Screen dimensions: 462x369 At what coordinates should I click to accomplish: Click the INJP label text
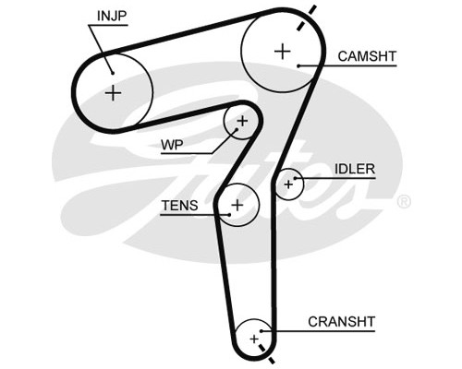click(x=112, y=16)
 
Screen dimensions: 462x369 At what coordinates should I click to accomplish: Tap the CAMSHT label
click(x=367, y=56)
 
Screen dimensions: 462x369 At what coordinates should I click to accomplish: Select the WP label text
click(x=172, y=145)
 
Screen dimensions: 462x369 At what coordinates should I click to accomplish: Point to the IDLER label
click(x=355, y=169)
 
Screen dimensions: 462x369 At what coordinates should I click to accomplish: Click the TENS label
click(x=180, y=206)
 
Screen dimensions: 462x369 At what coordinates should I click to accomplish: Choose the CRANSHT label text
click(x=341, y=322)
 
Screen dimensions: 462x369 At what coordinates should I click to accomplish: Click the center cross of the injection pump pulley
click(x=114, y=92)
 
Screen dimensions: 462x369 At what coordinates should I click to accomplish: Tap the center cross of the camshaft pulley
click(x=282, y=52)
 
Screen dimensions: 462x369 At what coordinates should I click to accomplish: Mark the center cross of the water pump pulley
click(x=242, y=121)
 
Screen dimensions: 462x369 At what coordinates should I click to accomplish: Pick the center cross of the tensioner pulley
click(x=237, y=205)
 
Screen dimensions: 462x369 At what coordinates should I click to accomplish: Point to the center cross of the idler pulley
click(x=288, y=184)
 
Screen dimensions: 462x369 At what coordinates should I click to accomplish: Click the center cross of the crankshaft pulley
click(x=254, y=339)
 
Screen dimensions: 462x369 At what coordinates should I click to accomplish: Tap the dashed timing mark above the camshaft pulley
click(x=307, y=18)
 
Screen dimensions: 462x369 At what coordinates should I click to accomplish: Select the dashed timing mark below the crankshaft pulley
click(x=267, y=354)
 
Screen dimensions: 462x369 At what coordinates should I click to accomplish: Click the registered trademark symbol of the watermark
click(x=404, y=202)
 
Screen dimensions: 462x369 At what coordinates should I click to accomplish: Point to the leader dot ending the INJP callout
click(x=113, y=73)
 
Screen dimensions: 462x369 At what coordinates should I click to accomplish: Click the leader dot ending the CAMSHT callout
click(x=298, y=65)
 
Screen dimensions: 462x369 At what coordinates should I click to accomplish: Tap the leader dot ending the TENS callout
click(x=229, y=215)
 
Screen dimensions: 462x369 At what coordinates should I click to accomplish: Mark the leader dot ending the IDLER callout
click(x=295, y=178)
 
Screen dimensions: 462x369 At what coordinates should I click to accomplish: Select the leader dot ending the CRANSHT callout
click(x=261, y=331)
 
